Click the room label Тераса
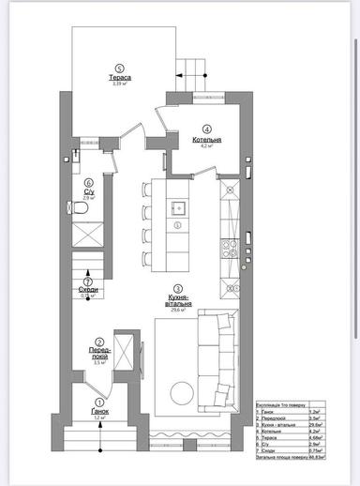coord(118,76)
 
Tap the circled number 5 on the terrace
coord(118,67)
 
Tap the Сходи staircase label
coord(88,291)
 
